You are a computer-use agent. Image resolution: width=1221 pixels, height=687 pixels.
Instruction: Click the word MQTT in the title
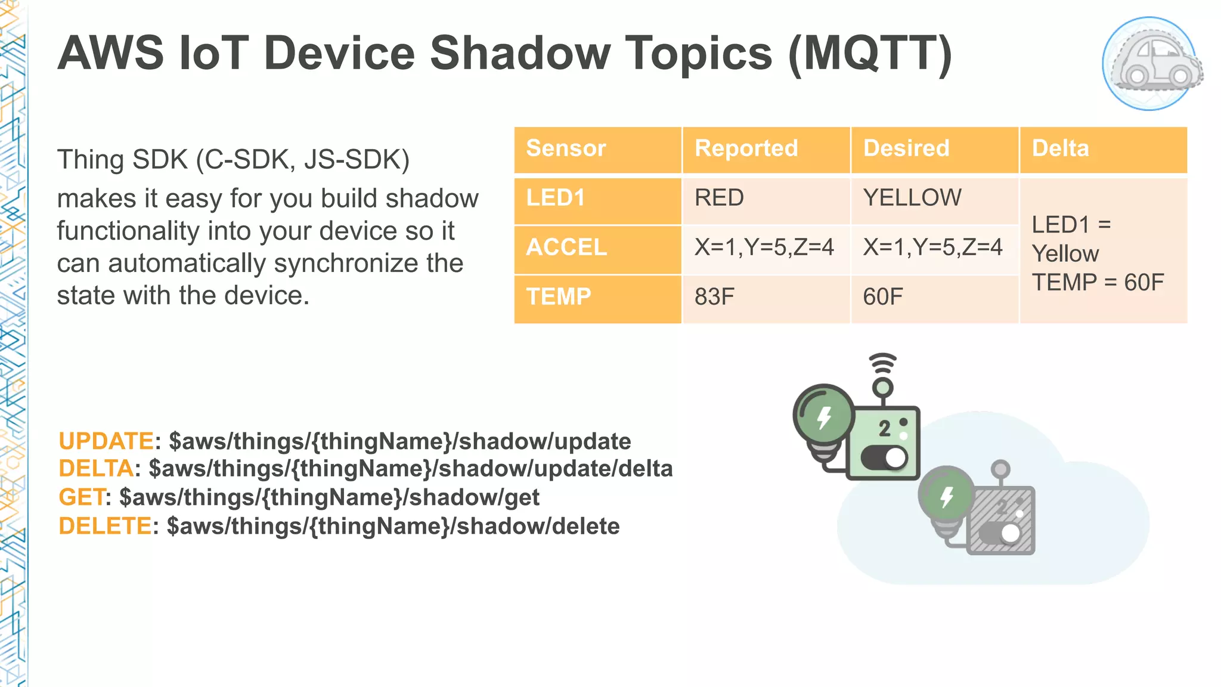(x=870, y=54)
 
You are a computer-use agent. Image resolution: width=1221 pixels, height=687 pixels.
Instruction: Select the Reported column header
(x=746, y=148)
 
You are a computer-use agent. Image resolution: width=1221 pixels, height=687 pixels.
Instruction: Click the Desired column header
(x=906, y=148)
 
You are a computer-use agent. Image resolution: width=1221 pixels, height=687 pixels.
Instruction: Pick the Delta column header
(x=1060, y=148)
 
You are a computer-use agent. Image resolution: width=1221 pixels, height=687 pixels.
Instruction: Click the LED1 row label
(x=556, y=198)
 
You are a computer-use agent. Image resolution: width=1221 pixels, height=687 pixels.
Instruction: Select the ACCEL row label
(x=566, y=247)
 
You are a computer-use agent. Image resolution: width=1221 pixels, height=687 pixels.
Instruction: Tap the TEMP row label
(x=559, y=297)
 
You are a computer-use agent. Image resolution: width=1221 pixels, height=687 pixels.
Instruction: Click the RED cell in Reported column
(x=719, y=198)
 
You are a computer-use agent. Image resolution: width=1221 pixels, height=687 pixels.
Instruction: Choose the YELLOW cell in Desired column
(x=912, y=198)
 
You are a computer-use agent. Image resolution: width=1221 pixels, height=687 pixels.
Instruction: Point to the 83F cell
(x=714, y=297)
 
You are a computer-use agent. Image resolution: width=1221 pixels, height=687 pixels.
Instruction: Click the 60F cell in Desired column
(x=883, y=297)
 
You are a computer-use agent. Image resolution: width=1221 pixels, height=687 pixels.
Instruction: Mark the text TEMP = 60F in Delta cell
(x=1098, y=282)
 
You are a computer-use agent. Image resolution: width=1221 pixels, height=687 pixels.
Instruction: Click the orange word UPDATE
(x=106, y=441)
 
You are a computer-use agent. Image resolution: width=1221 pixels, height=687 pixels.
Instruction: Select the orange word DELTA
(x=95, y=469)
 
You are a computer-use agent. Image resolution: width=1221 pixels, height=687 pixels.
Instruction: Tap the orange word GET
(x=82, y=497)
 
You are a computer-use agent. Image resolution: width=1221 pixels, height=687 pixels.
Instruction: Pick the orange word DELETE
(x=105, y=526)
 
